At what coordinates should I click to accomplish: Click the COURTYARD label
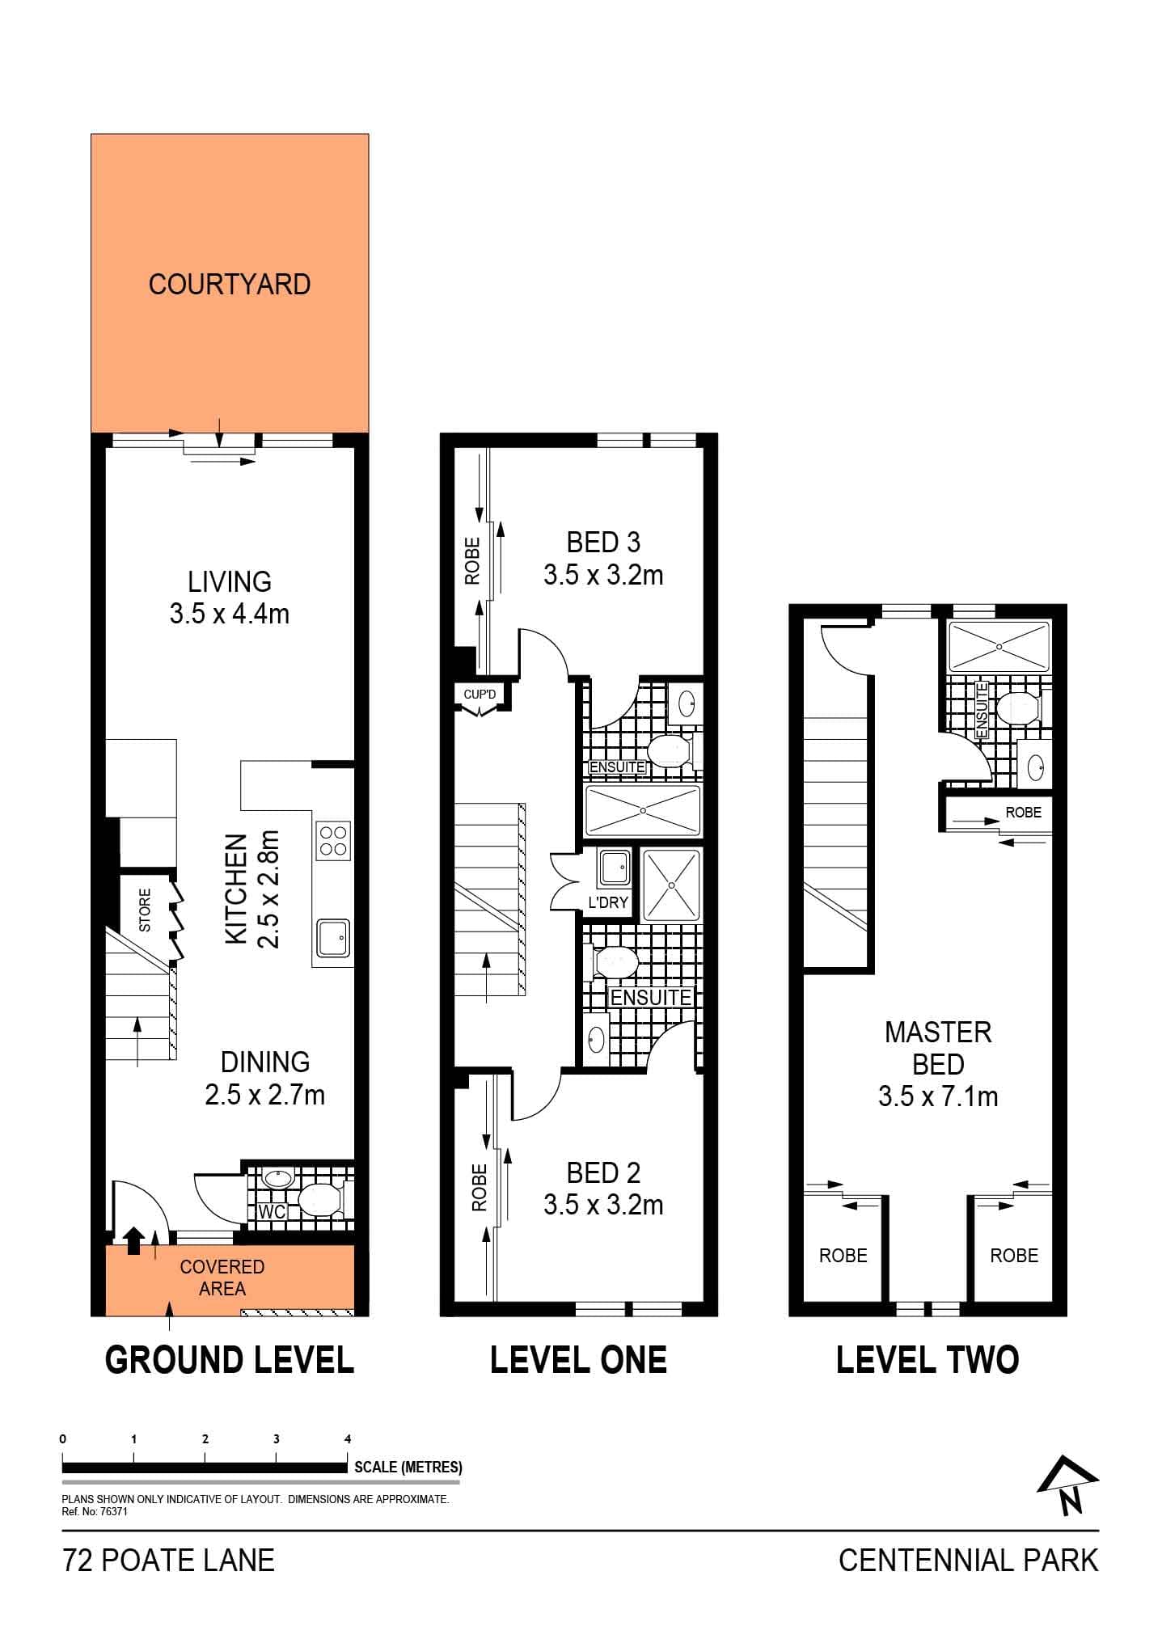230,285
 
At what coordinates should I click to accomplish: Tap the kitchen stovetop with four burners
333,840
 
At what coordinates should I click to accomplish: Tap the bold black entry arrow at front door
134,1239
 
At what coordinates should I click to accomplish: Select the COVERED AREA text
222,1278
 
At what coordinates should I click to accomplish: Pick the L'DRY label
608,902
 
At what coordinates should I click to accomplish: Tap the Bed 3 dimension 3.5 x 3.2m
603,576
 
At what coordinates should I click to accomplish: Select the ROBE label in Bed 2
480,1187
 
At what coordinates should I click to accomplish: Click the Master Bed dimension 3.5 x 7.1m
938,1096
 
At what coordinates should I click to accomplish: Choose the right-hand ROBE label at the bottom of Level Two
1014,1255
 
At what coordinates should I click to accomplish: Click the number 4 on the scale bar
348,1438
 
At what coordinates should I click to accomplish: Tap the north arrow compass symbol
1067,1485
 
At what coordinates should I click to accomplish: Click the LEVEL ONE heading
578,1360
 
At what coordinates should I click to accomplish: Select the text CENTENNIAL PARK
968,1560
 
